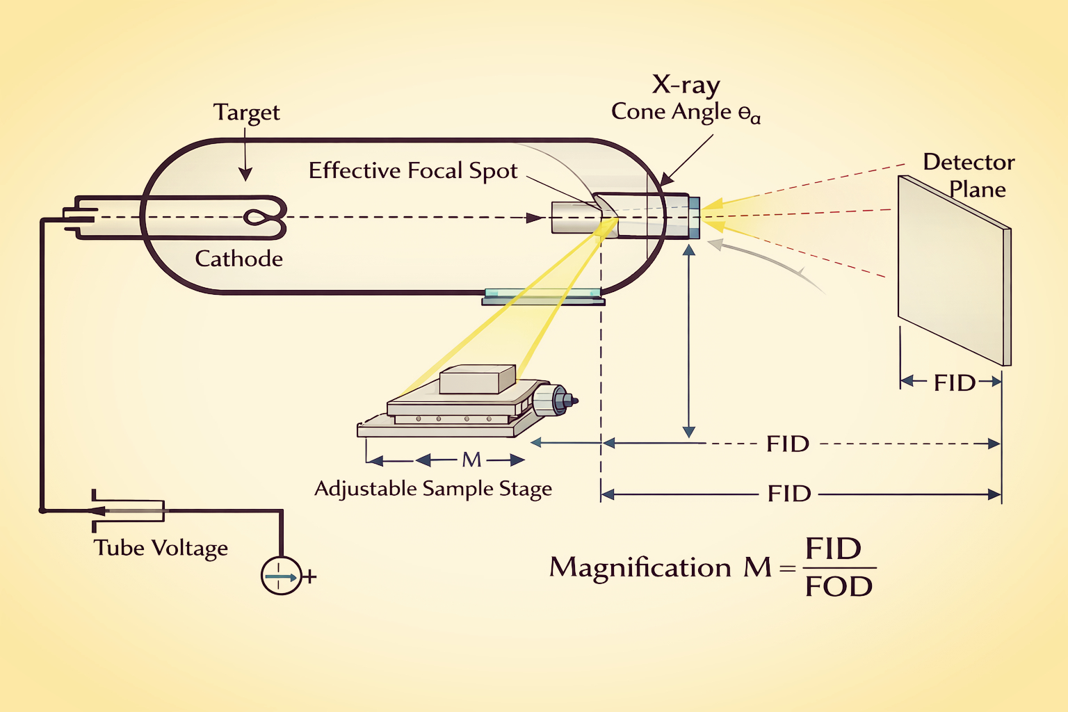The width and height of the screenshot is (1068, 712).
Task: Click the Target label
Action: coord(246,113)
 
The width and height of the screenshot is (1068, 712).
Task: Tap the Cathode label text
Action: coord(238,259)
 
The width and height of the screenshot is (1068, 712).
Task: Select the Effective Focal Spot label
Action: coord(413,170)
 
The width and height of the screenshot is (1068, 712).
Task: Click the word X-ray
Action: coord(686,85)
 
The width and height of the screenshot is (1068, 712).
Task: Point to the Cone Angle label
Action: coord(685,112)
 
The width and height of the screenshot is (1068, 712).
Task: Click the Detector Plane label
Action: coord(969,175)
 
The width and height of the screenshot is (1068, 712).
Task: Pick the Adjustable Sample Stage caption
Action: coord(433,489)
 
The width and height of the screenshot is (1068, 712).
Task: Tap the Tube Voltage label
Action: coord(161,548)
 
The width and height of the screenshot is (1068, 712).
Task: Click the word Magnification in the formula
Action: coord(640,567)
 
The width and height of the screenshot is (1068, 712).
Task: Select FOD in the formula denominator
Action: coord(839,587)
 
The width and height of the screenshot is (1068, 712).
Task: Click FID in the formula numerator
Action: coord(833,549)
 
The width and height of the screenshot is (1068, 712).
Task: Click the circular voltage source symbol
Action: coord(281,576)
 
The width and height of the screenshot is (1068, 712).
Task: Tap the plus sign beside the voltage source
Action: coord(310,576)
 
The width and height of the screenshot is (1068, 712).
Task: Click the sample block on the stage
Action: coord(478,380)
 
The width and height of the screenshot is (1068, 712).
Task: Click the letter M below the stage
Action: coord(471,460)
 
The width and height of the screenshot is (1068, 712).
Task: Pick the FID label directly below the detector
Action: coord(954,382)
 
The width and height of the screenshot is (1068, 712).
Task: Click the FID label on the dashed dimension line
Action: coord(787,444)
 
